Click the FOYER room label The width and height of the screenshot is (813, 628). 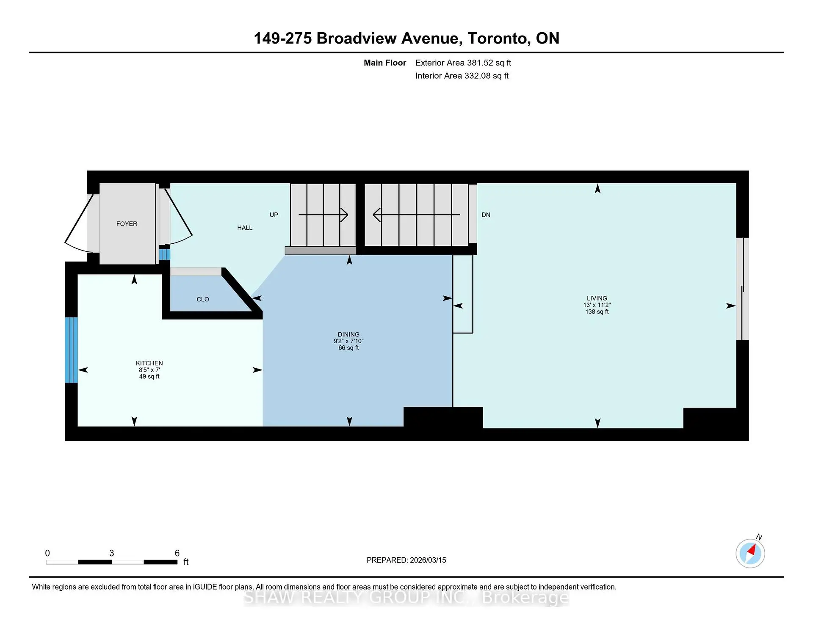127,224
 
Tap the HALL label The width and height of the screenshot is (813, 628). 245,228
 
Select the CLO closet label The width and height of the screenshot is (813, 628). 203,299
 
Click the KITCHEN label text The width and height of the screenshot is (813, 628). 149,363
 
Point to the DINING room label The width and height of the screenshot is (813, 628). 348,334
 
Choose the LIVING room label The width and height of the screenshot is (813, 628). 597,298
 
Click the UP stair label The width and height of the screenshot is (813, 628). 274,215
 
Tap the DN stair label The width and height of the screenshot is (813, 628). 486,215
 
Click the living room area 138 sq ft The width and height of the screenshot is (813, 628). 597,311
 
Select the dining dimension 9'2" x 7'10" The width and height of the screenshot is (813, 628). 348,341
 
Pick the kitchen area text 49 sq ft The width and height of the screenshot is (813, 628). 149,377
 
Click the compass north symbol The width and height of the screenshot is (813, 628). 750,553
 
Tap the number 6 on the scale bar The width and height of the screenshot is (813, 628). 177,553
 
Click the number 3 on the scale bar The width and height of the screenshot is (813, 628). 111,553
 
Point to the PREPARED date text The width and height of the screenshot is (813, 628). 406,560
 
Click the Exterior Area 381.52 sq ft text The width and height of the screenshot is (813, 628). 463,63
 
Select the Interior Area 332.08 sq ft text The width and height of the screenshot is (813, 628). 462,76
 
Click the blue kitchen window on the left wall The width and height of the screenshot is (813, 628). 71,350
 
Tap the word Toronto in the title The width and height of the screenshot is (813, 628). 497,39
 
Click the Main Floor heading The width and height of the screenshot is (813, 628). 385,63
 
